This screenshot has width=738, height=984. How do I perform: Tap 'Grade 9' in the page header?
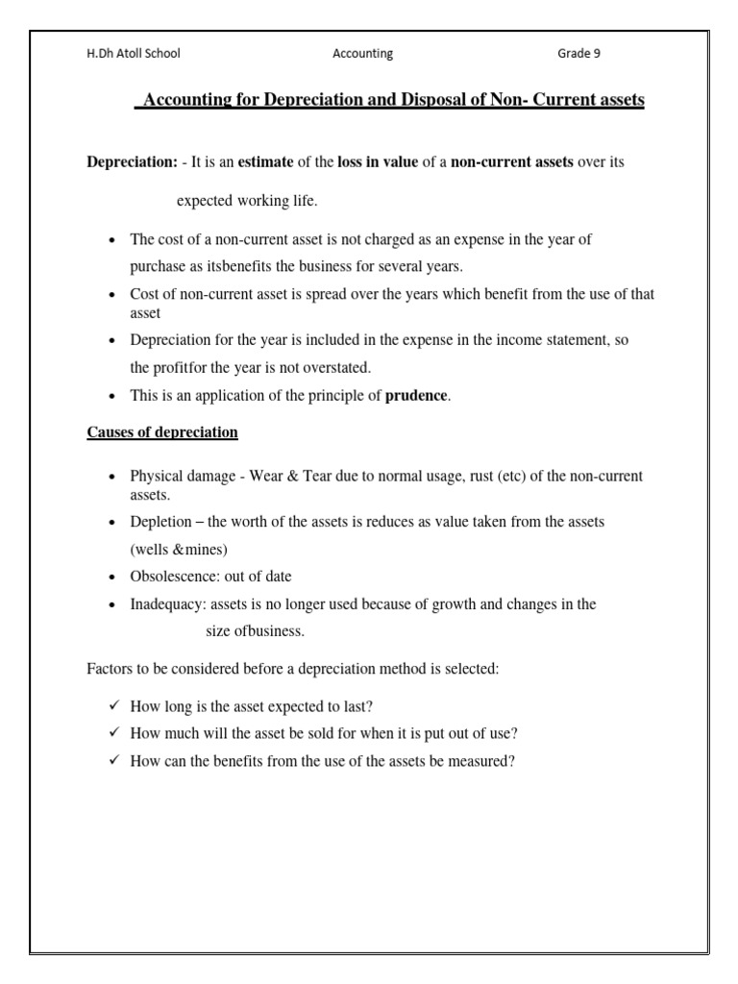578,54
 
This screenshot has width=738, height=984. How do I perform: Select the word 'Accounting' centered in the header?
362,54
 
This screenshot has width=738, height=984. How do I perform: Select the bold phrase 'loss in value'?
378,162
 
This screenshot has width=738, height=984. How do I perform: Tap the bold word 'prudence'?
416,395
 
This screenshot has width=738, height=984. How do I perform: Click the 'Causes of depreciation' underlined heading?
162,432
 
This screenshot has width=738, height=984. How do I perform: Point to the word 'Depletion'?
160,522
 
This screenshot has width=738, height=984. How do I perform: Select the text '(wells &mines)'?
179,550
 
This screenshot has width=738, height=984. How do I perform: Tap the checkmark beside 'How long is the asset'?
113,705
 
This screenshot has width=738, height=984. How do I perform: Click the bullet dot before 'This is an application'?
113,396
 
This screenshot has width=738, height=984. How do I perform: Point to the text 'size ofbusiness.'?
257,631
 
